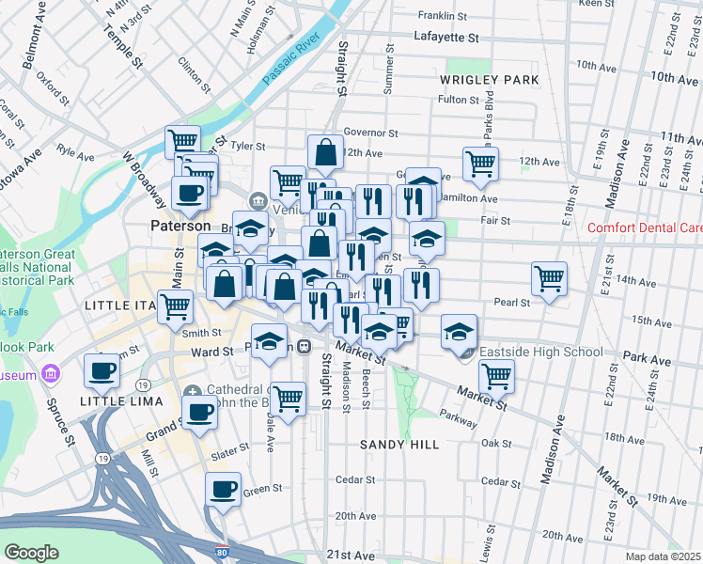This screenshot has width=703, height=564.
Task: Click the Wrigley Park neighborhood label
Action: coord(489,80)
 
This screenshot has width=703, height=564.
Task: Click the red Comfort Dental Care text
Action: coord(645,227)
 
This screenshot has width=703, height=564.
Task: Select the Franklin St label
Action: coord(443,16)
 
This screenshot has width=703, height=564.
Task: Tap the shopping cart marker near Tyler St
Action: coord(182,142)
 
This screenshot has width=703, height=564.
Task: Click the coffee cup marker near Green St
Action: coord(224,489)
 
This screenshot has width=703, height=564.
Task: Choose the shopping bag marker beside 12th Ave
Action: coord(325,151)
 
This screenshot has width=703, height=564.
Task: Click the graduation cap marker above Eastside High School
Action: coord(459,331)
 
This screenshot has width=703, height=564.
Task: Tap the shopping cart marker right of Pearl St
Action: coord(549,278)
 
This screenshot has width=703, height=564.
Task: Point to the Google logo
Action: coord(31,552)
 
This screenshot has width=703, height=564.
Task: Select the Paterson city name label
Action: coord(180,227)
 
